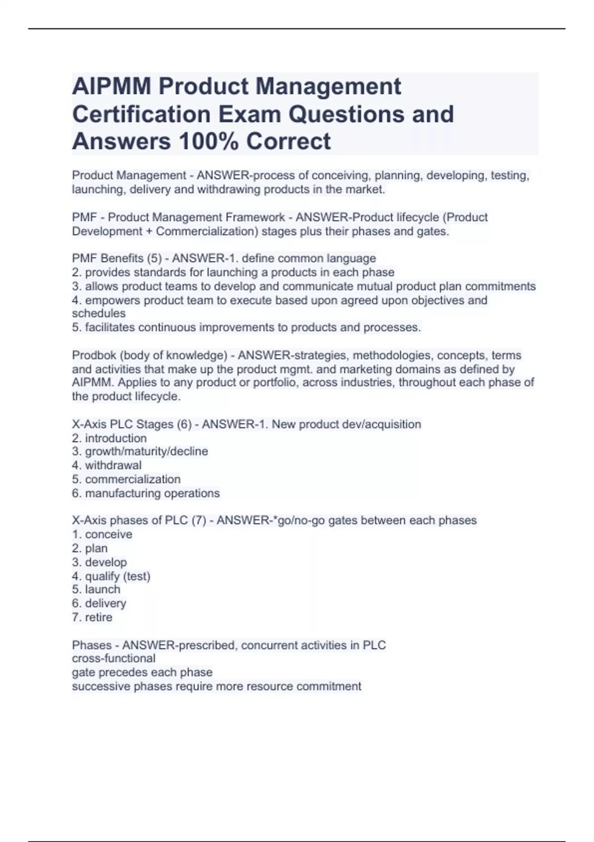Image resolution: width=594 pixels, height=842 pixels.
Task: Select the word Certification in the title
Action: [x=142, y=114]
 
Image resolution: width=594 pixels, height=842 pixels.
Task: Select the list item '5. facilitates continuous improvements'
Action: [x=246, y=327]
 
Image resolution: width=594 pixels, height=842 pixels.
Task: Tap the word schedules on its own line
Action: [x=99, y=314]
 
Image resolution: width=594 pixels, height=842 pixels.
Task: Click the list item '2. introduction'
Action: [x=109, y=438]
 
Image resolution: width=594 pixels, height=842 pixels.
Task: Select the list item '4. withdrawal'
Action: [x=106, y=465]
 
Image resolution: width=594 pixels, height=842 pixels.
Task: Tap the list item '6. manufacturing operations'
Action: [x=146, y=493]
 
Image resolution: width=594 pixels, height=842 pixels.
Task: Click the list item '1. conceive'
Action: [x=102, y=534]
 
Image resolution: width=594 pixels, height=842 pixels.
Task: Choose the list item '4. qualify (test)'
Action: [x=111, y=576]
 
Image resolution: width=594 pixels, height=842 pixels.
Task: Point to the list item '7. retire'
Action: [x=92, y=617]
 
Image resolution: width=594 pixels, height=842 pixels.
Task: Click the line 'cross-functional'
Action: [x=113, y=658]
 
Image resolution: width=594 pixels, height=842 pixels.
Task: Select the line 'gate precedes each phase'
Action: [x=142, y=672]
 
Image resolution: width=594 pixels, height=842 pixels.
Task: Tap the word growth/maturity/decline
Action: [x=147, y=451]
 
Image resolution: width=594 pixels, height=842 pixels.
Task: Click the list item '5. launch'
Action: [x=96, y=589]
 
